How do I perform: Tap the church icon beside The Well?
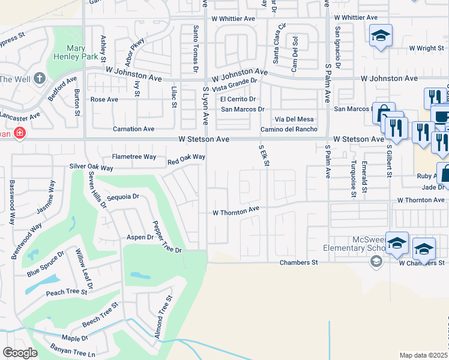point(40,78)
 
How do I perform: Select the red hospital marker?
point(19,133)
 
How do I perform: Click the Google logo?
point(20,353)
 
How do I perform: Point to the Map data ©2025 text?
point(423,355)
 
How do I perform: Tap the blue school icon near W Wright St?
point(380,37)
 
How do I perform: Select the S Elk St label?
point(262,155)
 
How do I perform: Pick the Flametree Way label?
point(134,157)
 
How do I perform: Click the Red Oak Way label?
point(186,158)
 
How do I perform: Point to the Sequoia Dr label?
point(122,196)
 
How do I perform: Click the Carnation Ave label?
point(134,128)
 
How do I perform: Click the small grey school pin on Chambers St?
point(376,261)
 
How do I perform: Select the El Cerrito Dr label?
point(238,99)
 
